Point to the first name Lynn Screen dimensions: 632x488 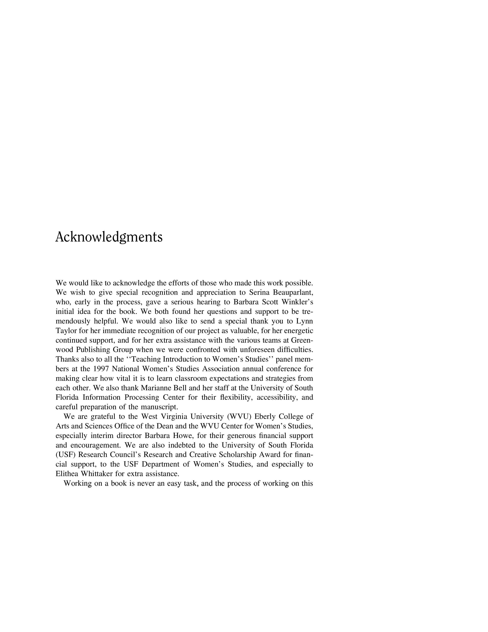click(305, 321)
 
